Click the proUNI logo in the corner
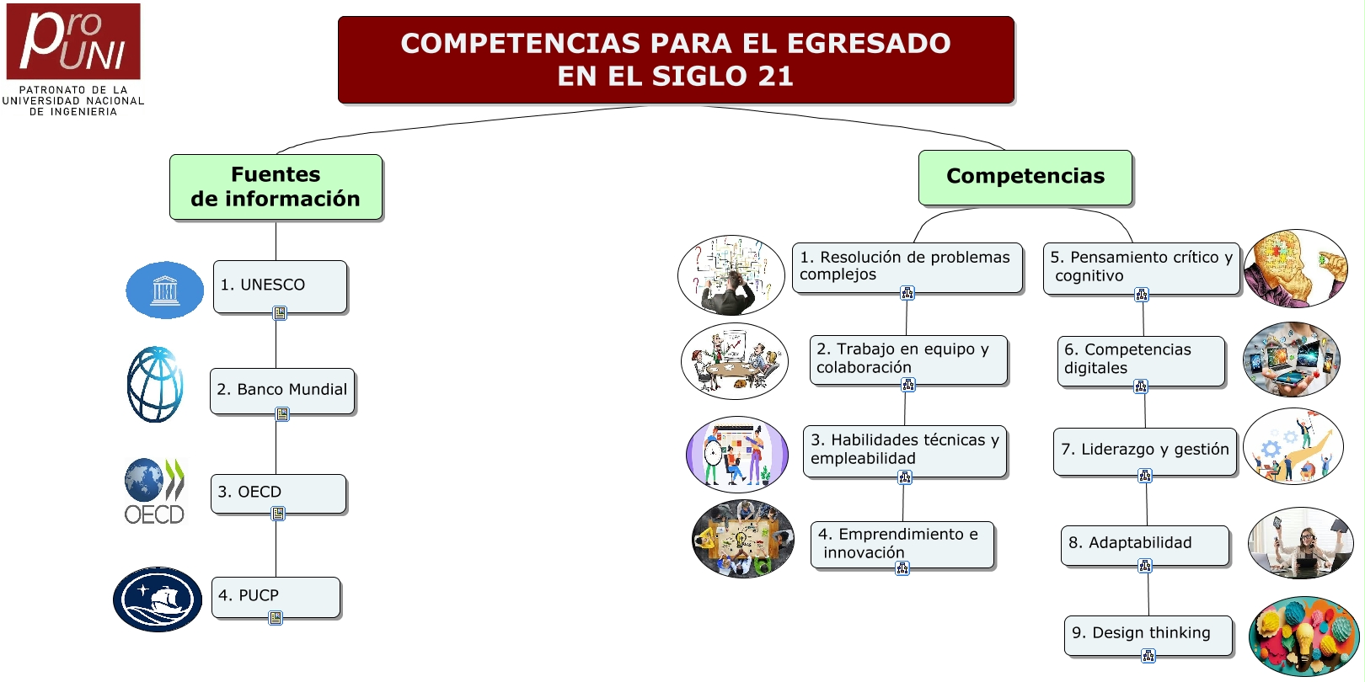point(73,59)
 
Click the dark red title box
point(676,60)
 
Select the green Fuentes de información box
point(276,187)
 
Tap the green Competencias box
point(1025,177)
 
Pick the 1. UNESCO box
point(281,287)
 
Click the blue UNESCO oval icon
point(164,290)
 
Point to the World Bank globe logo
point(155,384)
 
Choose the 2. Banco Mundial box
point(282,391)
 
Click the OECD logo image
point(155,492)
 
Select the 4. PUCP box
point(276,597)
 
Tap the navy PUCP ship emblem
point(158,599)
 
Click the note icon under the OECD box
point(278,514)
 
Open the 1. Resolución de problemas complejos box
point(907,268)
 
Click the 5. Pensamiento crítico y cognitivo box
point(1142,269)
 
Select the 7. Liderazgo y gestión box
point(1145,451)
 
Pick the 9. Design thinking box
point(1148,635)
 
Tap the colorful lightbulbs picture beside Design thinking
point(1303,636)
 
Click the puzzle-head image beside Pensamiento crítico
point(1296,269)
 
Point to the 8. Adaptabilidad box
point(1145,545)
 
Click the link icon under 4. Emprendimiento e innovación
point(902,568)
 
